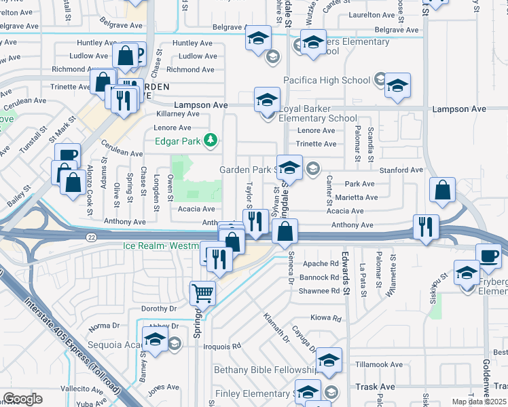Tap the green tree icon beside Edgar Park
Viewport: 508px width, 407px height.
coord(211,140)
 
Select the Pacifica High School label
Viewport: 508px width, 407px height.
coord(327,80)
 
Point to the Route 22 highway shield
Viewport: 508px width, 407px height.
coord(90,237)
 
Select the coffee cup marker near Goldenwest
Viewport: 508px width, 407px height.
coord(488,256)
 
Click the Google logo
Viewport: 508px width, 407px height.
coord(22,399)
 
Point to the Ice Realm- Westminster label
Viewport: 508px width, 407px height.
coord(161,246)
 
